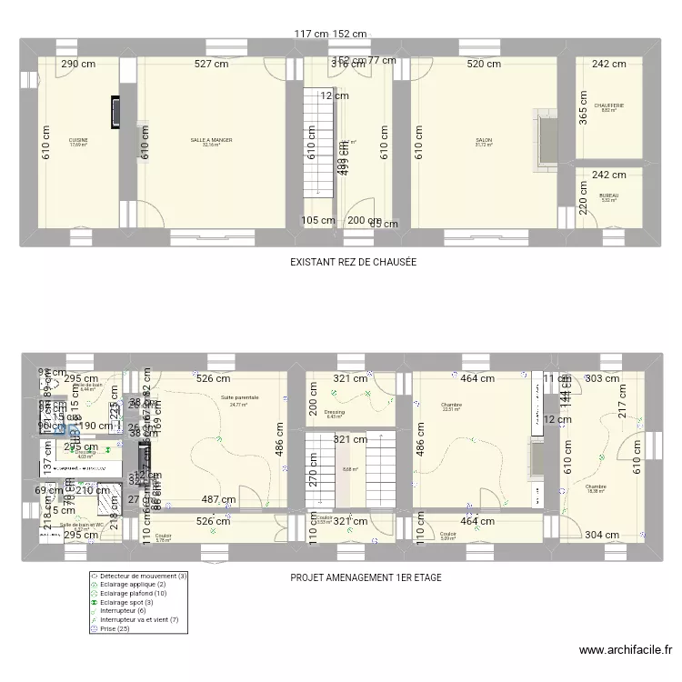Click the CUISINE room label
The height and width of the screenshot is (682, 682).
coord(78,141)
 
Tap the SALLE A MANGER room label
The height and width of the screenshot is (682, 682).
coord(211,141)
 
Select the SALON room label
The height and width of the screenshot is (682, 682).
coord(483,141)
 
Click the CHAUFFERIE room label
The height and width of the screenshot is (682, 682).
coord(608,106)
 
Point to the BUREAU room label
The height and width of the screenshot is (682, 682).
coord(608,196)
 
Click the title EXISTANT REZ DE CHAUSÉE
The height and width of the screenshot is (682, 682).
coord(353,262)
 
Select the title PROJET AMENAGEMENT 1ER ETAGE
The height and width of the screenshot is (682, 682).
coord(366,577)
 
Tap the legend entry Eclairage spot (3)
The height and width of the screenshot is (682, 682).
coord(125,603)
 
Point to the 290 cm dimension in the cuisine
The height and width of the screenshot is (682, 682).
coord(78,65)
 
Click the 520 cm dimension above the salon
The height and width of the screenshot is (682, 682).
coord(483,65)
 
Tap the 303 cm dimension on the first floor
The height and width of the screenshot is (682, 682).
coord(603,378)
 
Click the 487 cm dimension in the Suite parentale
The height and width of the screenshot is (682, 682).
coord(218,499)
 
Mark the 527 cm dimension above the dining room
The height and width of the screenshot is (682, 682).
coord(211,65)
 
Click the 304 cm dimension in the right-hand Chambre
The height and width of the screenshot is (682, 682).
coord(603,536)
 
